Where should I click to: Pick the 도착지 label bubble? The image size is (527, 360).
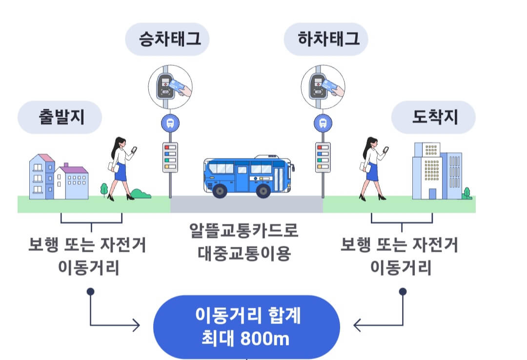tap(433, 117)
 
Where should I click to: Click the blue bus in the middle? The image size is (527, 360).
tap(248, 176)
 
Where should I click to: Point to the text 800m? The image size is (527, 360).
tap(265, 339)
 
